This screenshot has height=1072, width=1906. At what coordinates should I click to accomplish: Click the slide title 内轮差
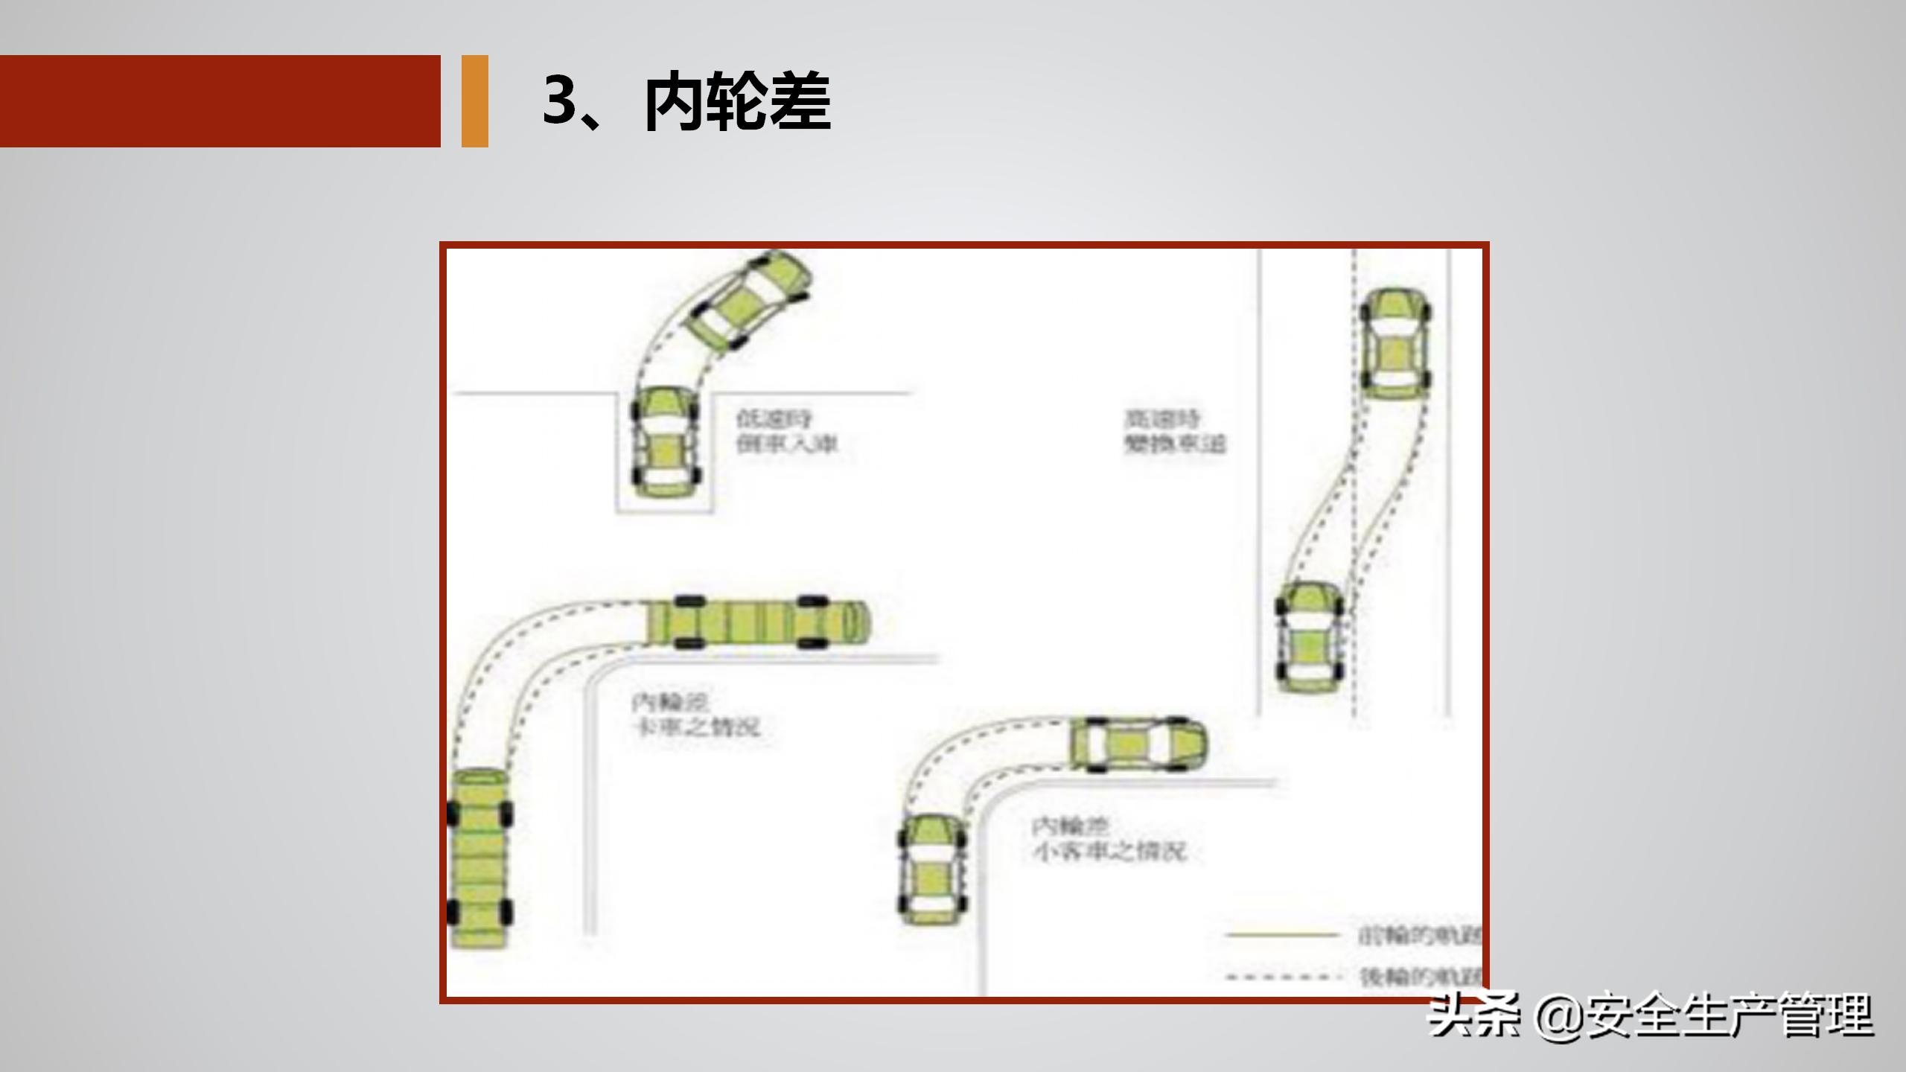coord(737,102)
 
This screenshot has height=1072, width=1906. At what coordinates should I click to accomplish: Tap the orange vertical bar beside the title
coord(474,100)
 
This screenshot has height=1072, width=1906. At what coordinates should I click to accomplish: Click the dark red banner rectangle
coord(220,100)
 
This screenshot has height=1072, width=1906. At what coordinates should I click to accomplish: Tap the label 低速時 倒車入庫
coord(786,431)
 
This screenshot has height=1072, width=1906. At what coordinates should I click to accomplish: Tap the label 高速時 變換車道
coord(1173,431)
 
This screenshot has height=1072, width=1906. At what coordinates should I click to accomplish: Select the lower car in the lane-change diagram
coord(1310,637)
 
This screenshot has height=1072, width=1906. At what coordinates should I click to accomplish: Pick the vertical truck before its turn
coord(480,858)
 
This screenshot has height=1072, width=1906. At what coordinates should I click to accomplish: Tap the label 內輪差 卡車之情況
coord(695,715)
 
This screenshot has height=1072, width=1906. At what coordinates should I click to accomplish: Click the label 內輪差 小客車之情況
coord(1107,839)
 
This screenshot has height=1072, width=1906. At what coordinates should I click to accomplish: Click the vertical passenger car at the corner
coord(932,870)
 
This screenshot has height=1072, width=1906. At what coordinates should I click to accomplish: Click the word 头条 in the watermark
coord(1473,1015)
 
